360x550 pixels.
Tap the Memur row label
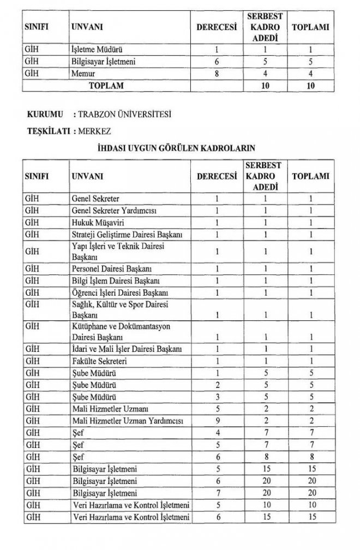click(83, 73)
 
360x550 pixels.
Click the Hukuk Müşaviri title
click(98, 222)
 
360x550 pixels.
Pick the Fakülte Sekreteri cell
click(100, 361)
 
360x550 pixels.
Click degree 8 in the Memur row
click(217, 73)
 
